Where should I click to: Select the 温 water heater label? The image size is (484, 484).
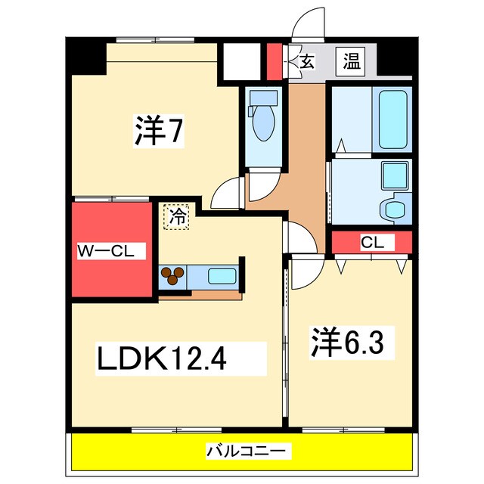(352, 61)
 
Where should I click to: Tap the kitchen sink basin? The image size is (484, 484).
(220, 275)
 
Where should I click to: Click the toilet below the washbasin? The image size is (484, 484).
(392, 207)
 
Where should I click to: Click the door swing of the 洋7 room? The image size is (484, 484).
(228, 194)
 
